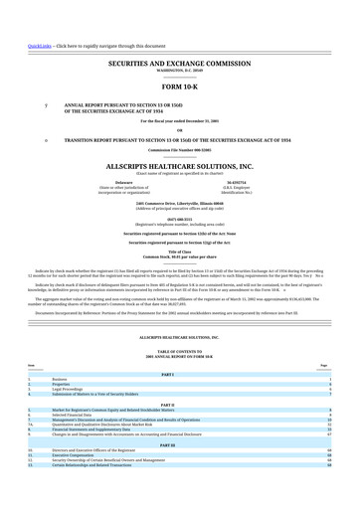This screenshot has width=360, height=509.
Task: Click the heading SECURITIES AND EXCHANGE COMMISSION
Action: (x=179, y=62)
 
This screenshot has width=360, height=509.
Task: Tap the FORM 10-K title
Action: (x=179, y=85)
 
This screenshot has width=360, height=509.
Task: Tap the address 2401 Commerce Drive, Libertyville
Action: (x=179, y=202)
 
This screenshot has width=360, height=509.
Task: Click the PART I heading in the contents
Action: (x=179, y=372)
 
